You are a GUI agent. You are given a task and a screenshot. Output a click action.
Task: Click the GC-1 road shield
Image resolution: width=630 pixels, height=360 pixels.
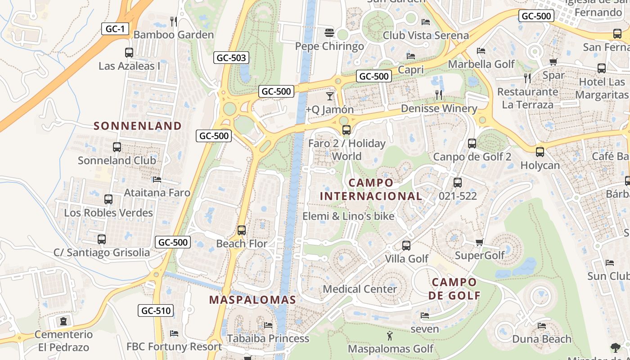(115, 29)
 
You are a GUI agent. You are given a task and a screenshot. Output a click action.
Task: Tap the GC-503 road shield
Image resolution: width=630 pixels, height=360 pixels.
(231, 58)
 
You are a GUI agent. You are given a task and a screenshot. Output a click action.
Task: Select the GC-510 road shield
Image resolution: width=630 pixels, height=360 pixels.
(156, 310)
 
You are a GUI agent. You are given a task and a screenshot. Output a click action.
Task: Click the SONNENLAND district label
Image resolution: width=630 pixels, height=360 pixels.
(138, 126)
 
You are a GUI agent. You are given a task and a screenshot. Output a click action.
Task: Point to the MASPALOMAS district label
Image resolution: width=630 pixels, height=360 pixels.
(252, 300)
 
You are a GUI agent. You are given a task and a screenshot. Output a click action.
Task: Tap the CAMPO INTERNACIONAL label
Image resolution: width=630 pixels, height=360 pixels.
(371, 189)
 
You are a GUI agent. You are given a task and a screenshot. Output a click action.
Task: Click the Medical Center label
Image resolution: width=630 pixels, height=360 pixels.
(360, 289)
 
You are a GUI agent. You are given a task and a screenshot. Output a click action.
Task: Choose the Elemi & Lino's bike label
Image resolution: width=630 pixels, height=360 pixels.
(348, 216)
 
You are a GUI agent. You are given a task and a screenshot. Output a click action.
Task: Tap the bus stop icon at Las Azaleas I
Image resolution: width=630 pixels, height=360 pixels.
(129, 53)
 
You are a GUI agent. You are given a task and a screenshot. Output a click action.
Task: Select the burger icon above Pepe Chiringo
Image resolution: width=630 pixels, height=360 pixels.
(329, 33)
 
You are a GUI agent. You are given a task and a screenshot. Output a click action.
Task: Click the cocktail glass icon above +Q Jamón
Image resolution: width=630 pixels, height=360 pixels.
(330, 96)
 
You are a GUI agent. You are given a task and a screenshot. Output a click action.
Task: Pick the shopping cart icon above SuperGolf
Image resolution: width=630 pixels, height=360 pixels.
(479, 243)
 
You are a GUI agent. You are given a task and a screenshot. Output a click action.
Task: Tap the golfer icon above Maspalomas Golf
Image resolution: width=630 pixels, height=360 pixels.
(390, 335)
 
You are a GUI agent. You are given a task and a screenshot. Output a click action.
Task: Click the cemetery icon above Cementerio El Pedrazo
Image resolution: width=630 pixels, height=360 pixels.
(63, 321)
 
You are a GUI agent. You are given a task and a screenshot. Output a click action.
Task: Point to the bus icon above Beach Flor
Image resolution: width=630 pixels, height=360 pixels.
(242, 230)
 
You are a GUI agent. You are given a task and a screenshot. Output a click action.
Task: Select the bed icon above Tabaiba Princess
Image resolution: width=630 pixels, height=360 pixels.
(268, 325)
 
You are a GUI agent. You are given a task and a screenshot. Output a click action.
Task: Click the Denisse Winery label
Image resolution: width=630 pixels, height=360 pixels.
(439, 108)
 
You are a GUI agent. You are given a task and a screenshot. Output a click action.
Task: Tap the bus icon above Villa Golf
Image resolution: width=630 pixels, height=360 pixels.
(406, 246)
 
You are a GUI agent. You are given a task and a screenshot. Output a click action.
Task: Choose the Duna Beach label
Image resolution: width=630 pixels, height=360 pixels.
(542, 339)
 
